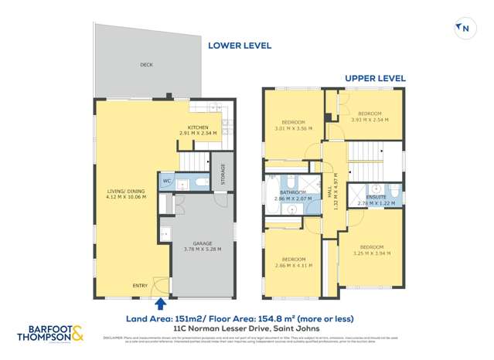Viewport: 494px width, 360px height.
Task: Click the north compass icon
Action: [464, 29]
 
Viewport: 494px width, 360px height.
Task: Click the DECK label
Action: [146, 65]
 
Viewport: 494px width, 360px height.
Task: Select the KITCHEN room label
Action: [199, 127]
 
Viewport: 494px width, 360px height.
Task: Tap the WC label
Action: [166, 182]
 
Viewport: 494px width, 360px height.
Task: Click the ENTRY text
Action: [140, 286]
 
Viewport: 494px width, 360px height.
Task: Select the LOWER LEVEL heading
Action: [240, 46]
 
